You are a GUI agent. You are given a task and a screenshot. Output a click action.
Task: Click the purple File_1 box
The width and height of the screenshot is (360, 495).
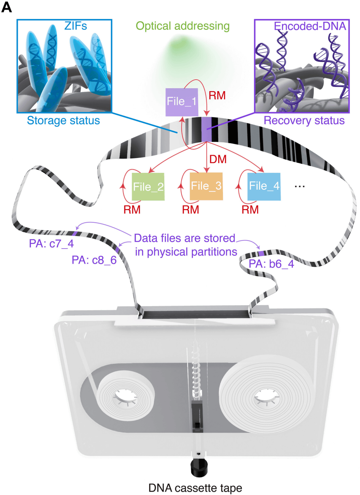click(x=182, y=100)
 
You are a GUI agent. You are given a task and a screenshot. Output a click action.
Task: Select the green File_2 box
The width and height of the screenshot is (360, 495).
click(x=148, y=186)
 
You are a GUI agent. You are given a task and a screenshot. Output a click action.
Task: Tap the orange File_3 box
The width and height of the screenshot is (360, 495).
click(x=206, y=186)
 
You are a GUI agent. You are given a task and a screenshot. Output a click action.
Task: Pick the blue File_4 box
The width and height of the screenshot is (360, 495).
click(x=264, y=186)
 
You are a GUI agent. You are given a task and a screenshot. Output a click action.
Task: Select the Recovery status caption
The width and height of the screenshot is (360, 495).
click(x=304, y=121)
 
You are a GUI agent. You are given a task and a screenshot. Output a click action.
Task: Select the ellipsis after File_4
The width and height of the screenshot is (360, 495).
click(x=300, y=186)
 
